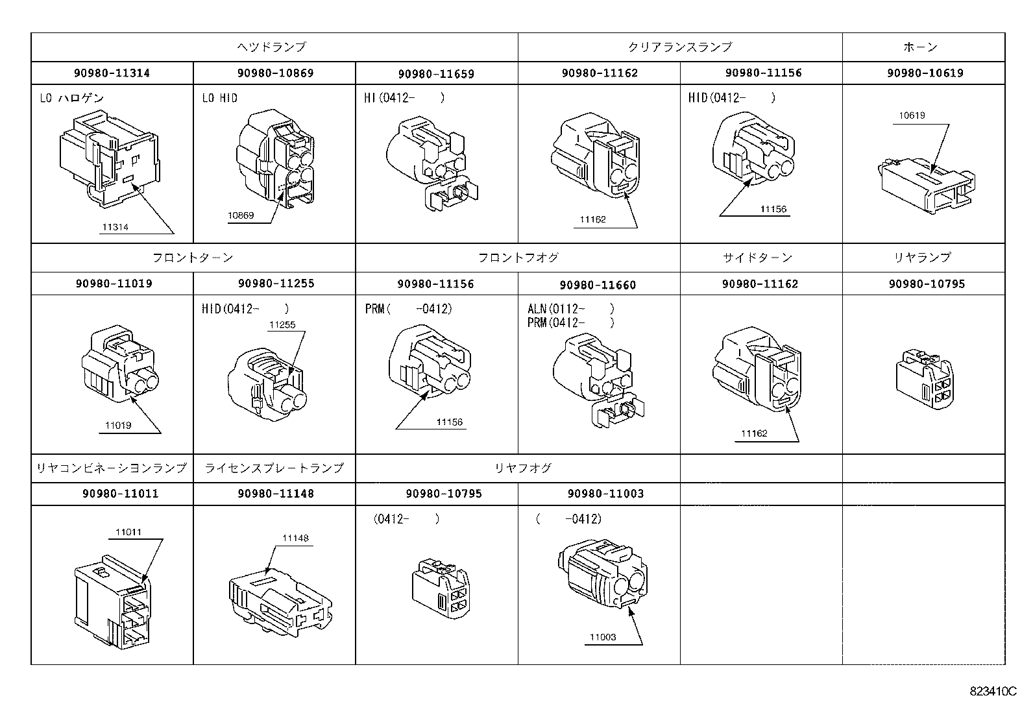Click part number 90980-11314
point(112,73)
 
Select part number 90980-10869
point(275,73)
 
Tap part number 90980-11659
point(436,74)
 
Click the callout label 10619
point(912,115)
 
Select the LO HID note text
point(220,99)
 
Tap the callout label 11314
point(115,227)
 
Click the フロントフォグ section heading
point(518,258)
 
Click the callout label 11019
point(118,426)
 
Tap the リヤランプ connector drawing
point(925,383)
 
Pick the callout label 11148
point(295,538)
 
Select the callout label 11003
point(603,637)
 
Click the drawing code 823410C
point(993,692)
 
